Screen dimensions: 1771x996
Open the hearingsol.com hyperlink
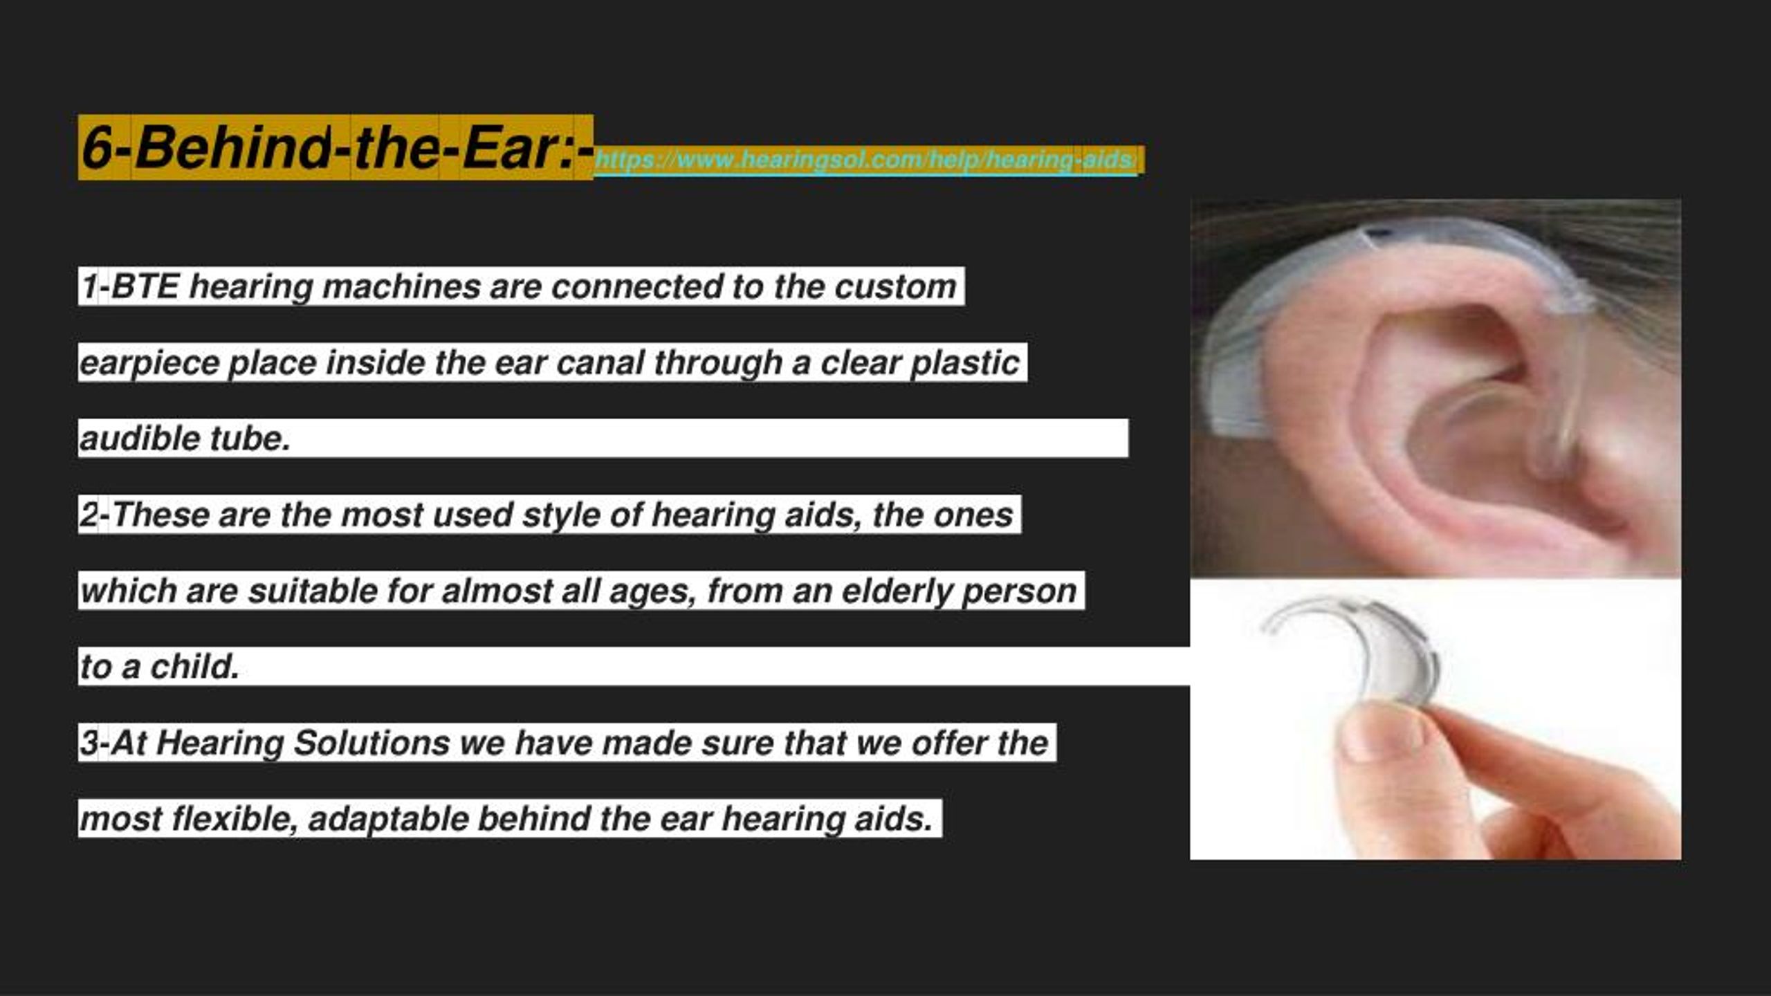865,160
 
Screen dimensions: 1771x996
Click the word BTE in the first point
145,286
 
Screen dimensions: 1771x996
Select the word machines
401,286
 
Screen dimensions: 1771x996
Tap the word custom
895,286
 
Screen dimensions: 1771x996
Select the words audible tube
185,439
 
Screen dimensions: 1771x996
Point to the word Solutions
372,743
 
